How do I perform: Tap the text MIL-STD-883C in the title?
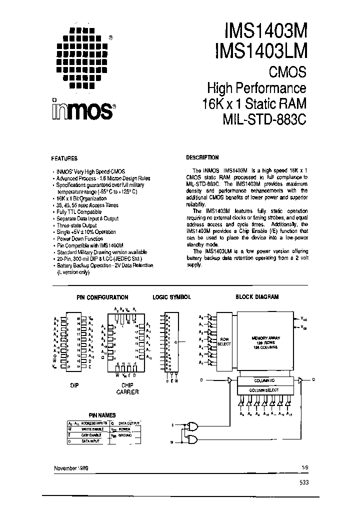[264, 121]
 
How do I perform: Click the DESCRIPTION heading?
[202, 157]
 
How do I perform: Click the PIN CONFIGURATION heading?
[102, 297]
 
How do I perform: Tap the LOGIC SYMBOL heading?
[171, 297]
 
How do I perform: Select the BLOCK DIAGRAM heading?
[257, 296]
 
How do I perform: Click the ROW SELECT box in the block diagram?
[224, 341]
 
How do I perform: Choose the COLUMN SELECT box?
[264, 389]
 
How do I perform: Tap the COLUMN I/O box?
[264, 380]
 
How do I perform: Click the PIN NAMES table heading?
[102, 415]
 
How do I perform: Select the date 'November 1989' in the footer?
[73, 467]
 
